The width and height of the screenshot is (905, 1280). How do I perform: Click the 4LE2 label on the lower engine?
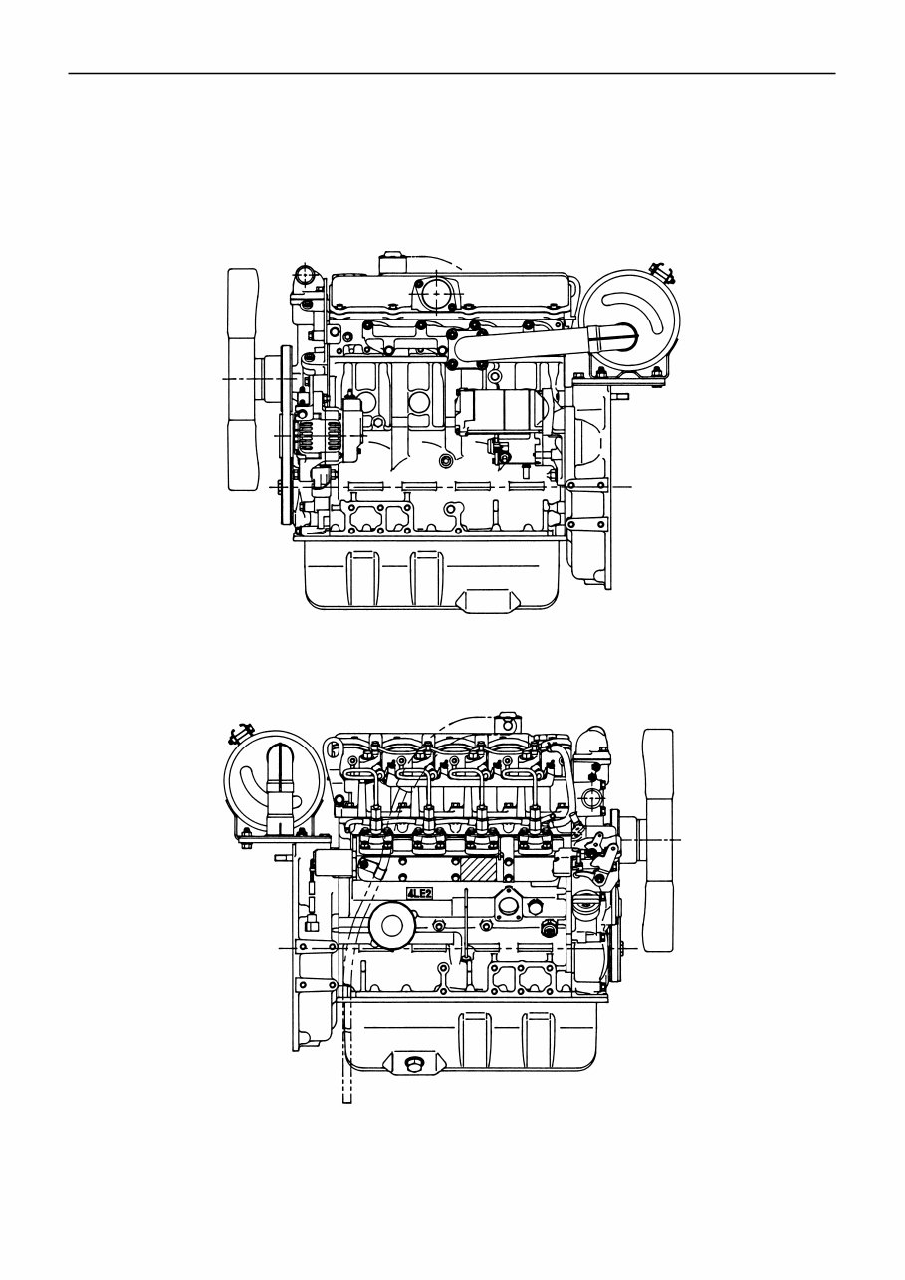click(x=420, y=894)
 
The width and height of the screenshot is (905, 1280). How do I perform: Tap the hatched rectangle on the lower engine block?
click(x=478, y=867)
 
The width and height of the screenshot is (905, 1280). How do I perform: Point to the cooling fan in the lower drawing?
click(x=658, y=840)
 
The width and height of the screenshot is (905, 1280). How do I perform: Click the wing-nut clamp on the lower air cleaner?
click(x=235, y=735)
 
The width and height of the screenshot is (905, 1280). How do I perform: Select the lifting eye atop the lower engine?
click(x=508, y=720)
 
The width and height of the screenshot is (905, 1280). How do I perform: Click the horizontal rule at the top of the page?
click(x=451, y=73)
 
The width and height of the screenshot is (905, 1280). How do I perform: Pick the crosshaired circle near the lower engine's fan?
click(x=591, y=797)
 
